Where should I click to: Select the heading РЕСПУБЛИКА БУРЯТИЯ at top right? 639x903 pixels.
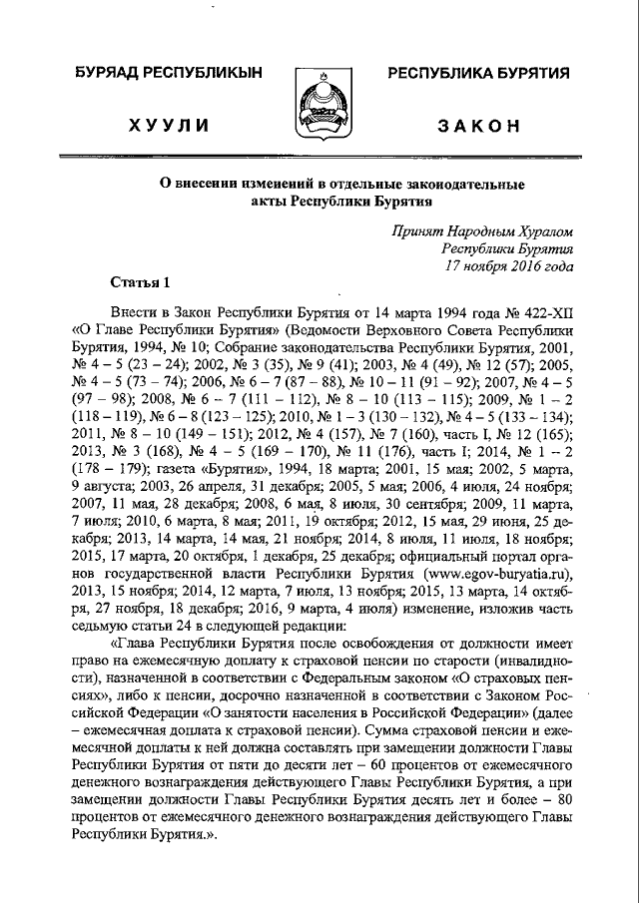click(x=478, y=74)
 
